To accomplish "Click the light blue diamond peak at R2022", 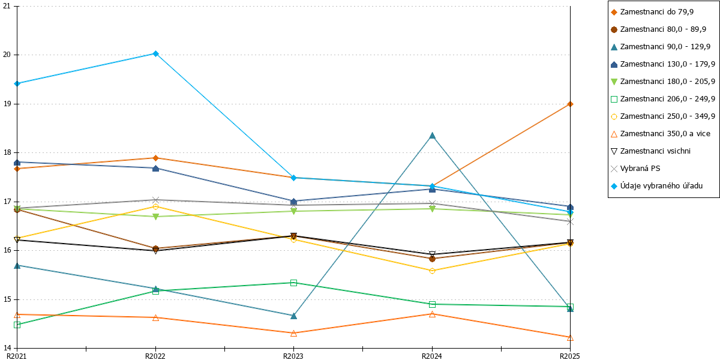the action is [x=155, y=53].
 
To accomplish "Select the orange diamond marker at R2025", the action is [x=570, y=104].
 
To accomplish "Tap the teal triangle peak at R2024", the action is [x=433, y=136].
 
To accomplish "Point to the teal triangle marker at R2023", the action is [x=293, y=316].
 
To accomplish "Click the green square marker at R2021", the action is [x=17, y=325].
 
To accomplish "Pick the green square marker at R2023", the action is [x=293, y=283].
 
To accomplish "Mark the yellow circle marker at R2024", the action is [x=433, y=271].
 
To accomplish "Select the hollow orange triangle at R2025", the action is [x=570, y=338].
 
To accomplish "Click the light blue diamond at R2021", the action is [x=17, y=84].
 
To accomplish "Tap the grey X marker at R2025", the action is [x=570, y=222].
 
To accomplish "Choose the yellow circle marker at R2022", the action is [x=155, y=206].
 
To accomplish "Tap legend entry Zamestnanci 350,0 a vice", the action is [x=661, y=134].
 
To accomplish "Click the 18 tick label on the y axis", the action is [x=7, y=152].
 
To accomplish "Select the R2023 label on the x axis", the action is [x=293, y=356].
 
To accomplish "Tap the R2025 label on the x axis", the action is [x=570, y=356].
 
